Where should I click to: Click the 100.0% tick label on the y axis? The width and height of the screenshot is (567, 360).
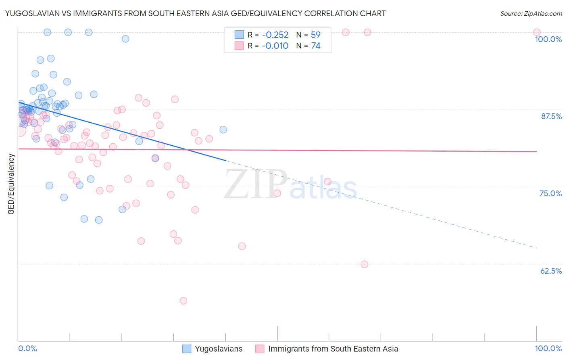pyautogui.click(x=548, y=39)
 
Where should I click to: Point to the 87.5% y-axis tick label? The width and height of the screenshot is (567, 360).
pyautogui.click(x=551, y=116)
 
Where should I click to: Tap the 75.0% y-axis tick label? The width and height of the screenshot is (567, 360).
pyautogui.click(x=550, y=193)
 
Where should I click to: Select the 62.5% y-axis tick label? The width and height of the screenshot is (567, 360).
pyautogui.click(x=551, y=271)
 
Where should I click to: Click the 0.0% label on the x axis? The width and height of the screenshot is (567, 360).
pyautogui.click(x=28, y=348)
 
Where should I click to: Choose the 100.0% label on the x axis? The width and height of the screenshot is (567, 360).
pyautogui.click(x=548, y=348)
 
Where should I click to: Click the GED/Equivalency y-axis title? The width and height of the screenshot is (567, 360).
pyautogui.click(x=11, y=184)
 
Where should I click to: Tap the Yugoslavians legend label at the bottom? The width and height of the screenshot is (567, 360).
pyautogui.click(x=219, y=349)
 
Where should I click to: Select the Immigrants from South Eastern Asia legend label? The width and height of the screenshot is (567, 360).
pyautogui.click(x=333, y=349)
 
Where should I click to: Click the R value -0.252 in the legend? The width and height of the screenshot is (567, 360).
pyautogui.click(x=275, y=35)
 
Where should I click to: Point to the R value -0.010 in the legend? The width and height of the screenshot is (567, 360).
pyautogui.click(x=275, y=46)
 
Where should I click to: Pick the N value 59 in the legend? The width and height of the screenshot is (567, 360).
pyautogui.click(x=315, y=35)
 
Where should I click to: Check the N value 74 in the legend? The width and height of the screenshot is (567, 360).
pyautogui.click(x=315, y=46)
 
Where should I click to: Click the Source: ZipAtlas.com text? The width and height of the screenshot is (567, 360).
pyautogui.click(x=531, y=14)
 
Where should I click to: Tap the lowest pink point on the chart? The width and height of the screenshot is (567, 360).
pyautogui.click(x=183, y=301)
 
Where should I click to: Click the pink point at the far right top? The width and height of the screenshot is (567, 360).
pyautogui.click(x=537, y=32)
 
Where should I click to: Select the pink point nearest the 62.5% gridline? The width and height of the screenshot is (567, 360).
pyautogui.click(x=365, y=264)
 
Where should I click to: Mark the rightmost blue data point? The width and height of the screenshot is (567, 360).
pyautogui.click(x=223, y=130)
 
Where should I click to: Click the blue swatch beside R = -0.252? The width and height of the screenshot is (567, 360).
pyautogui.click(x=239, y=35)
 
